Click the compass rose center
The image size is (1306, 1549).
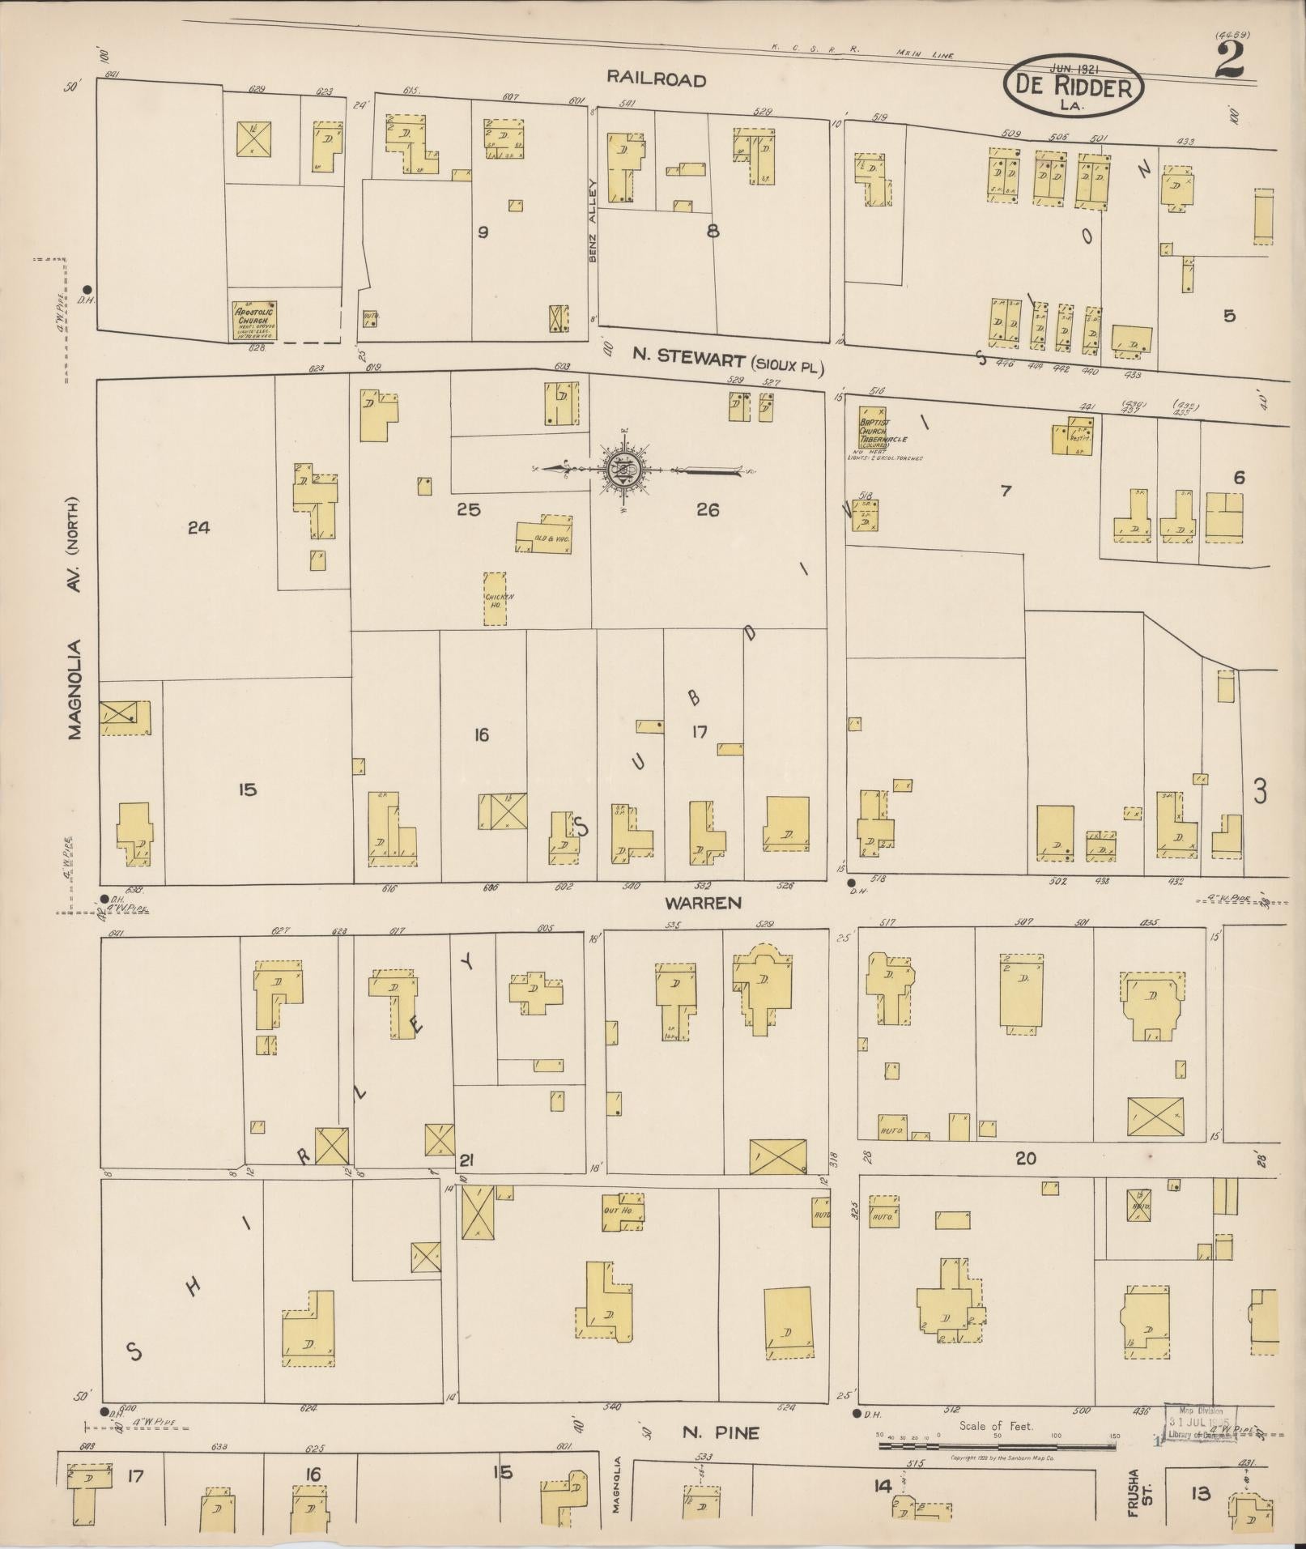click(x=625, y=470)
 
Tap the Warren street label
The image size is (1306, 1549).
click(x=703, y=902)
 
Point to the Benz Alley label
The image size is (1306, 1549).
click(x=593, y=220)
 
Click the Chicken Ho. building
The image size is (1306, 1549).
click(x=496, y=598)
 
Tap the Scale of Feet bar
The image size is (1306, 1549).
click(x=997, y=1445)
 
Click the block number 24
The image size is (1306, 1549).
click(x=198, y=528)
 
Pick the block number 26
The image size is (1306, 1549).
click(x=707, y=510)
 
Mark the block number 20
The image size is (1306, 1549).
click(x=1026, y=1159)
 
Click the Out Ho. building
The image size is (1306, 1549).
click(x=623, y=1212)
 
